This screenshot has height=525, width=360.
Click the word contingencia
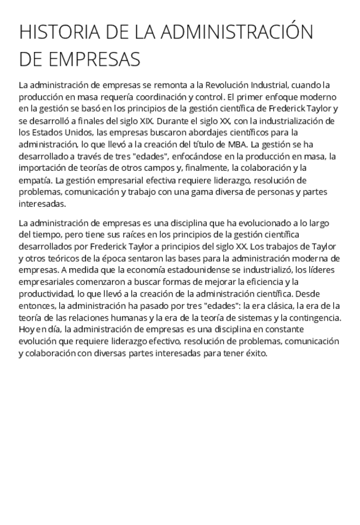tap(313, 318)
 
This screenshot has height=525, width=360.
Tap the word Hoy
tap(27, 329)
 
